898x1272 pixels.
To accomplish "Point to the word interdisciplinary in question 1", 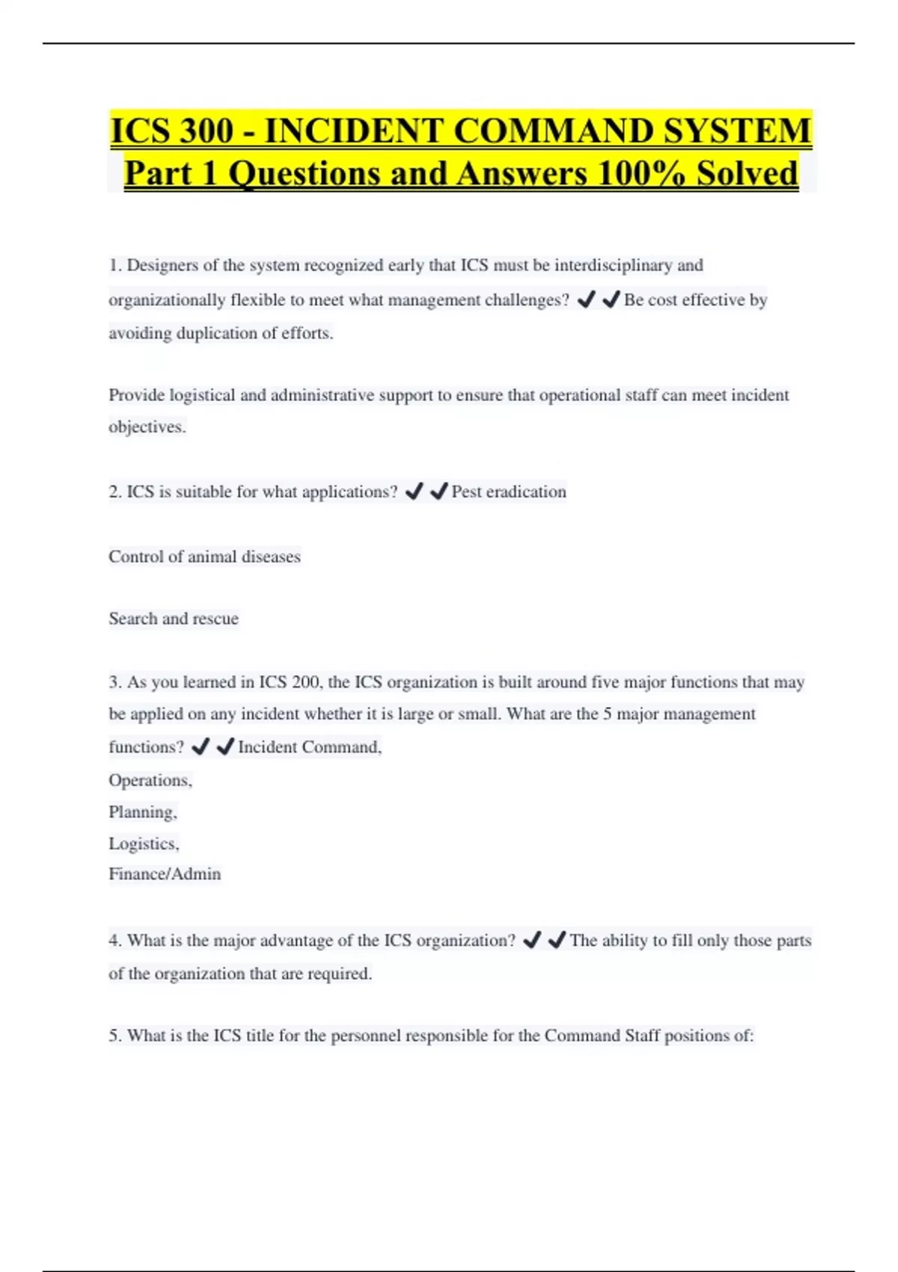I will [613, 266].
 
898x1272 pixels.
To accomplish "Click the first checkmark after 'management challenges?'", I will [587, 300].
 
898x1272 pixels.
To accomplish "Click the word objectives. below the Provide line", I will [147, 427].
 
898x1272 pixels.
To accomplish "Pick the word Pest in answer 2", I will [466, 492].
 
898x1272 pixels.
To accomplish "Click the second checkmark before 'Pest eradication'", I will [439, 492].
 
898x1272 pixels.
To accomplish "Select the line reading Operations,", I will [150, 780].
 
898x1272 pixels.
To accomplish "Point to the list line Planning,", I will [143, 813].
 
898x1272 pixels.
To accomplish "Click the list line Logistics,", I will [144, 844].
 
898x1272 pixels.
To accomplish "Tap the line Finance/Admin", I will [165, 874].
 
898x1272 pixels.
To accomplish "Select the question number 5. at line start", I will [116, 1036].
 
